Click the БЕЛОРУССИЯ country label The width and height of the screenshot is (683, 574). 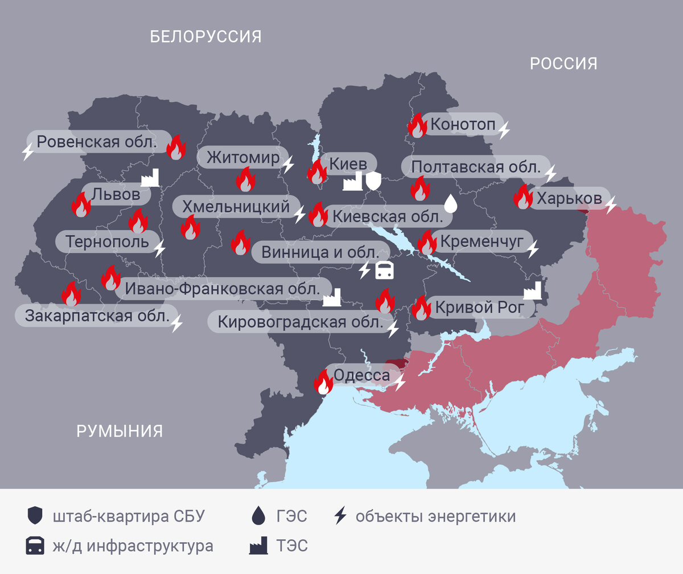(x=205, y=37)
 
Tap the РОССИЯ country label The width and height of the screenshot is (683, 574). (x=563, y=63)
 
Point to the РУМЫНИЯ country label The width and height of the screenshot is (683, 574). (x=120, y=431)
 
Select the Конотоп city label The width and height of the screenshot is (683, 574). (x=463, y=124)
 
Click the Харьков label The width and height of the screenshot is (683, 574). (x=569, y=199)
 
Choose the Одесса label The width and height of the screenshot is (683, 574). (x=361, y=376)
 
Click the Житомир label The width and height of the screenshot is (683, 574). (x=243, y=157)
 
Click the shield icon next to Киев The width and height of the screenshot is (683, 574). (x=373, y=181)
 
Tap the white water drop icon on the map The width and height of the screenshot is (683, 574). (x=450, y=203)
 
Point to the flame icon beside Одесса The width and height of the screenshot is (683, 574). (x=323, y=382)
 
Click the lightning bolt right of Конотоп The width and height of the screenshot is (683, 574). (x=504, y=130)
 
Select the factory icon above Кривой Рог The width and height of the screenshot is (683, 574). (x=532, y=290)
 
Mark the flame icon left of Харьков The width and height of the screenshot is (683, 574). (x=522, y=196)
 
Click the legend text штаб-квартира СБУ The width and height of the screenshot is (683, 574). (x=128, y=516)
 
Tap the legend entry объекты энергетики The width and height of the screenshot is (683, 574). (x=435, y=516)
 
